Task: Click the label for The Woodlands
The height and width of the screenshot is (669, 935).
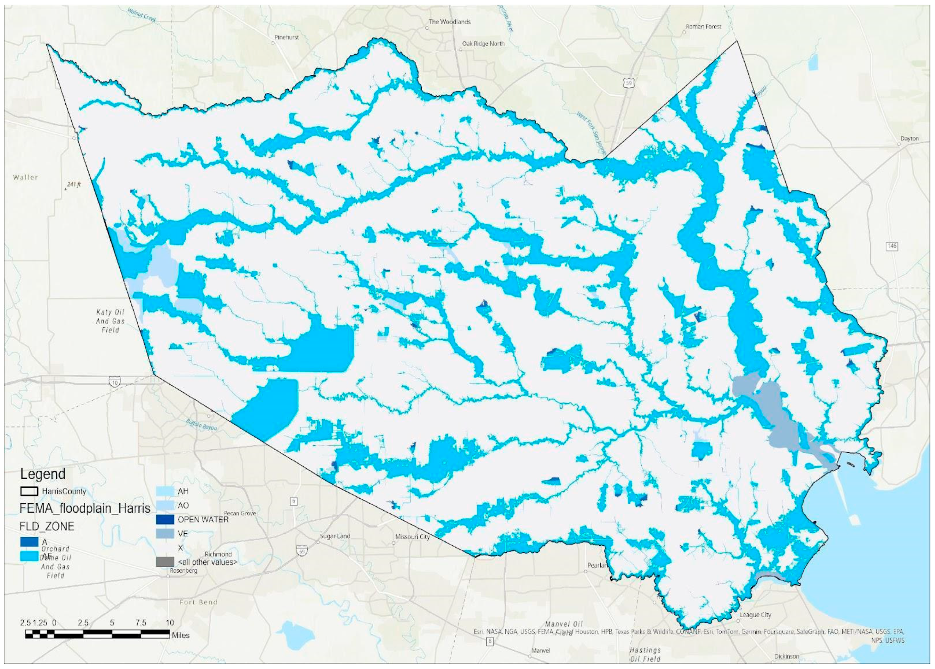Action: coord(449,22)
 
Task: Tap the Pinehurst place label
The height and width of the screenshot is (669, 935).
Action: coord(286,37)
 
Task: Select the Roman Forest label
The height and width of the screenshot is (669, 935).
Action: coord(703,26)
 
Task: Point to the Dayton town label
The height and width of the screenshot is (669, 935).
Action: coord(910,138)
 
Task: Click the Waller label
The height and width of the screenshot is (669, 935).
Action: coord(25,178)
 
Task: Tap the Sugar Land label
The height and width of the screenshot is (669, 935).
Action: coord(335,536)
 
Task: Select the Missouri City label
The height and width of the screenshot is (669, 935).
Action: coord(412,537)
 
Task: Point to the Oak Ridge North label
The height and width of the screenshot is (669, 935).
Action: coord(483,44)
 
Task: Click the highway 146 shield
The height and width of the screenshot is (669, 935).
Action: coord(891,246)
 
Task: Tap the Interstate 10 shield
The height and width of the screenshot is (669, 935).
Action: coord(115,383)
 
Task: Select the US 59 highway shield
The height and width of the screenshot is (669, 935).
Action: coord(629,84)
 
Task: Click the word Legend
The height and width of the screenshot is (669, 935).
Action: coord(43,474)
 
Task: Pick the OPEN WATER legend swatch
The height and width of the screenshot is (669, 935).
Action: coord(165,520)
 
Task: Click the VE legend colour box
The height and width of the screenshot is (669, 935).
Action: coord(165,533)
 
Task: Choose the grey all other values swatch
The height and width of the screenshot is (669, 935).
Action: coord(165,562)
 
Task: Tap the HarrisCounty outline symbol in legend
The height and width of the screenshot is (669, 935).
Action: coord(29,491)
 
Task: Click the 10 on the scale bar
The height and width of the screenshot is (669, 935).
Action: coord(169,623)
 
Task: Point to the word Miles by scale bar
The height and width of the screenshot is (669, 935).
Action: coord(180,636)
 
